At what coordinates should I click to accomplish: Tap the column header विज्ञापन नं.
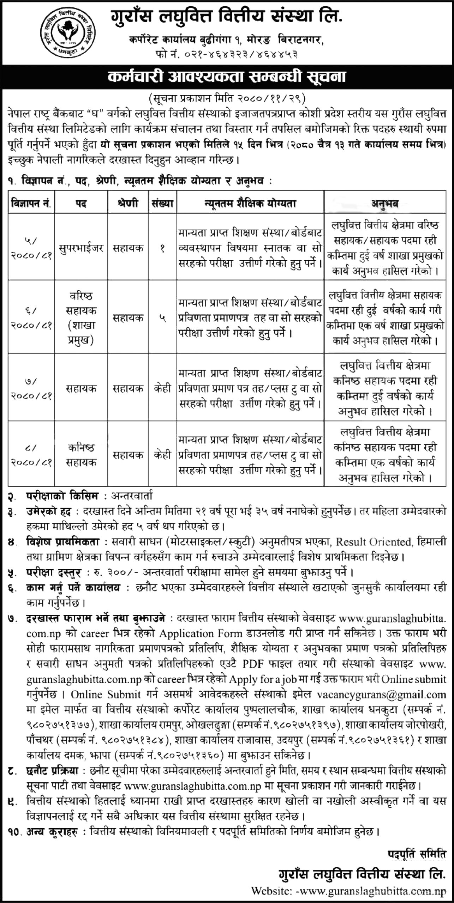tap(31, 203)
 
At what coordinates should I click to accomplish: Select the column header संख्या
tap(162, 203)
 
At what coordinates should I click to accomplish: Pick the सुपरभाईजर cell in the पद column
tap(81, 248)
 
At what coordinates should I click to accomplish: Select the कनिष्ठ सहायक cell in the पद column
tap(81, 455)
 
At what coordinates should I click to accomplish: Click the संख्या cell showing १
tap(162, 248)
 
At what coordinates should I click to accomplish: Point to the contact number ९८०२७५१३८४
tap(136, 728)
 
